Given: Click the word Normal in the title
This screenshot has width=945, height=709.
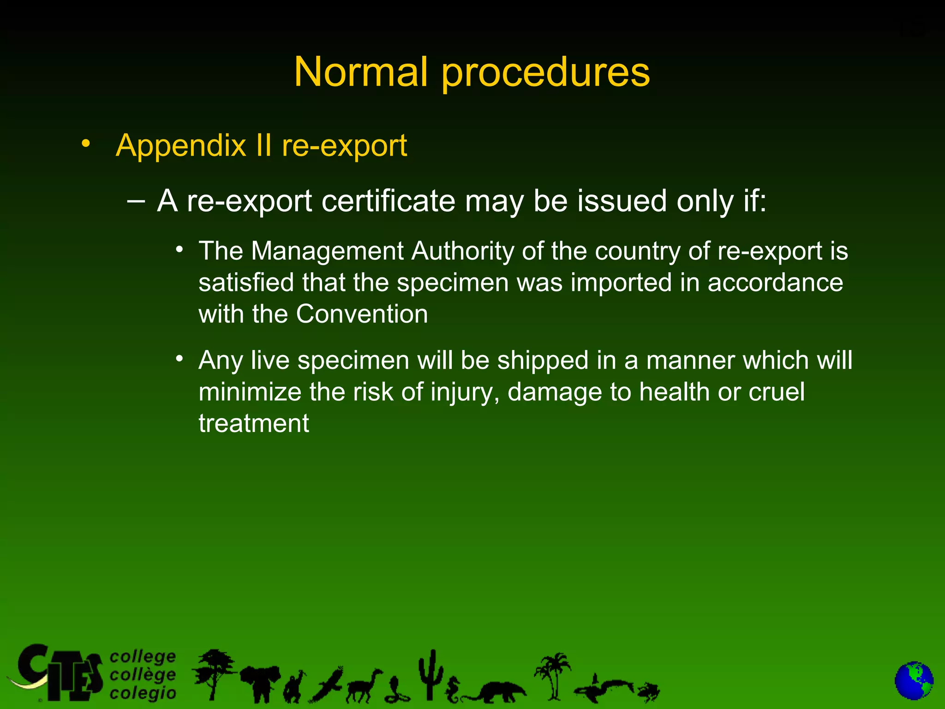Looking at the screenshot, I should pos(360,72).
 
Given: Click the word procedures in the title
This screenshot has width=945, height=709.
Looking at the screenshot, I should pos(546,74).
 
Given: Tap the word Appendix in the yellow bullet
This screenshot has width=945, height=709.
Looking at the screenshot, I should pos(180,146).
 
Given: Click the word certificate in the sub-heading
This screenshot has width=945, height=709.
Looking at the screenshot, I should pos(388,201).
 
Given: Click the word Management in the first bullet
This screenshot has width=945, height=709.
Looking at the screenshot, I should pos(327,252).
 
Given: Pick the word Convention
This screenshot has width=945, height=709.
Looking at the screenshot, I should pos(362,314).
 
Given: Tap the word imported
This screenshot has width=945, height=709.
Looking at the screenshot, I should pos(621,283).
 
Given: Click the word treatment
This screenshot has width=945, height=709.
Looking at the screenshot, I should pos(254,423).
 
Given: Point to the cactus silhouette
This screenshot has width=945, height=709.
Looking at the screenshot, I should pos(431,674).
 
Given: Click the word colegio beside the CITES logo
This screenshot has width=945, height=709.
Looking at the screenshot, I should pos(143,693).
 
